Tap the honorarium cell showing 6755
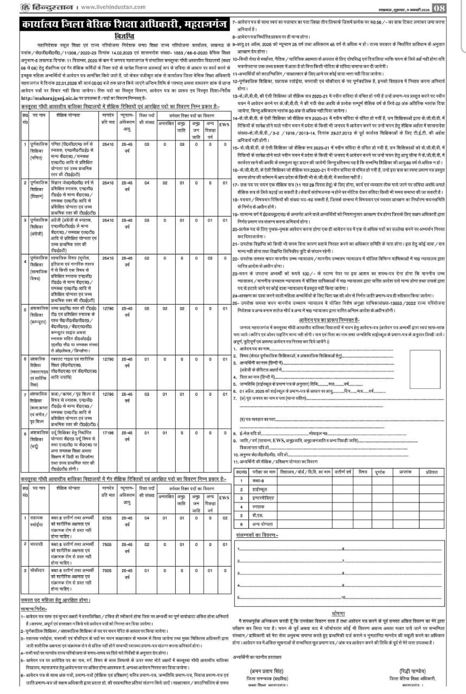(108, 518)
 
